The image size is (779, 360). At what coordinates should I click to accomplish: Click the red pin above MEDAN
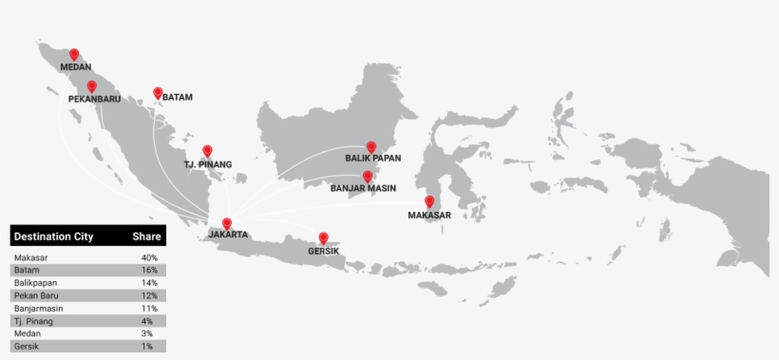tap(74, 54)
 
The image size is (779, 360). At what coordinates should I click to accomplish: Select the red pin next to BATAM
tap(158, 93)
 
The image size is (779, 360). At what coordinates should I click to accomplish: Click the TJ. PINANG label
tap(207, 164)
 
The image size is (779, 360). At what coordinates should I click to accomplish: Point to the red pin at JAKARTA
tap(226, 223)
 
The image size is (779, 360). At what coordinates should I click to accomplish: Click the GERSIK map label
tap(323, 252)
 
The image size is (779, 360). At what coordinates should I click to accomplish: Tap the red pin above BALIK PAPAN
tap(371, 146)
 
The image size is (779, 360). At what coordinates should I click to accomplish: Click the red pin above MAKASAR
tap(429, 200)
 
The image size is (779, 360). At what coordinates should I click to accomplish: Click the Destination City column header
tap(53, 237)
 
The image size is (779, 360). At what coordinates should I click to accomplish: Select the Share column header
tap(146, 237)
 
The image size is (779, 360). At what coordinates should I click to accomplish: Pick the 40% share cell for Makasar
tap(148, 257)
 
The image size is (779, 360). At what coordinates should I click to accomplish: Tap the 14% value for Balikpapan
tap(148, 283)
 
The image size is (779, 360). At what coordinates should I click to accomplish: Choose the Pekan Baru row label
tap(35, 295)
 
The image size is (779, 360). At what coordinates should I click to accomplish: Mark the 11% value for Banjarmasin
tap(148, 309)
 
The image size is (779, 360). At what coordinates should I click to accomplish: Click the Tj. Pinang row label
tap(32, 321)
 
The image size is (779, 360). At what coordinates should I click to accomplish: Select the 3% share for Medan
tap(150, 334)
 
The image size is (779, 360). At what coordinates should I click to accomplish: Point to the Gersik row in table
tap(28, 347)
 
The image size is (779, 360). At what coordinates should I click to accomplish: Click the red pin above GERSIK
tap(323, 237)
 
